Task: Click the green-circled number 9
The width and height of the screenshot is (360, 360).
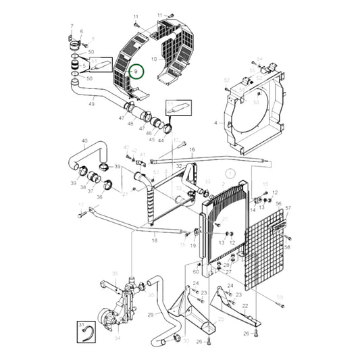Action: coord(136,71)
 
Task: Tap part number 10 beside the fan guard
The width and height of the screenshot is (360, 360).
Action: coord(155,60)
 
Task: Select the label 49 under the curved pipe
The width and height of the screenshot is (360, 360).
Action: coord(92,104)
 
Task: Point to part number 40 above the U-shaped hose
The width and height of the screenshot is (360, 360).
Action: coord(84,142)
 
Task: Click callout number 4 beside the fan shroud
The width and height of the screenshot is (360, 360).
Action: coord(216,124)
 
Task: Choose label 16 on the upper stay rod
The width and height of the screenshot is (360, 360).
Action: coord(192,149)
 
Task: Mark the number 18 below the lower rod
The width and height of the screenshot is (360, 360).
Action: coord(154,240)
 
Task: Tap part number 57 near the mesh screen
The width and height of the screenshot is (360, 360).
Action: coord(288,208)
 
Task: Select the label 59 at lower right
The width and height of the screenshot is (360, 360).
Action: coord(280,297)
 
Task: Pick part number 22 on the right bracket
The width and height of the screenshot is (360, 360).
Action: coord(245,306)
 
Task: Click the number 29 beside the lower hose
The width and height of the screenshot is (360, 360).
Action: coord(150,315)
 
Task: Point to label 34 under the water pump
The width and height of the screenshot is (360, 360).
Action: coord(118,338)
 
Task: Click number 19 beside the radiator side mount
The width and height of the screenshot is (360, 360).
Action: coord(192,247)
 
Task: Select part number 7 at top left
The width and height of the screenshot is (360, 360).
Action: coord(72,26)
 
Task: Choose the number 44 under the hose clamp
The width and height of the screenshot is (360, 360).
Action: coord(161,140)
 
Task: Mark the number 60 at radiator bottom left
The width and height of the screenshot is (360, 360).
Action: coord(196,272)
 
